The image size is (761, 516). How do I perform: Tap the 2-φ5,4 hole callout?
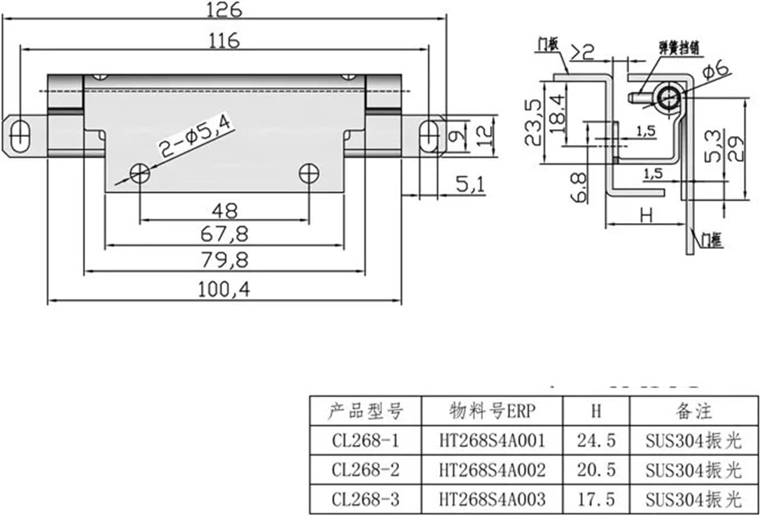tap(196, 137)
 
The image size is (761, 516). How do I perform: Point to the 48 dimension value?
tap(224, 211)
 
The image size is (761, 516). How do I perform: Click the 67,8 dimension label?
tap(224, 234)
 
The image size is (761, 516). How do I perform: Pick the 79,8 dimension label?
tap(224, 260)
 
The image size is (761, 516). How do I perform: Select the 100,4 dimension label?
tap(224, 289)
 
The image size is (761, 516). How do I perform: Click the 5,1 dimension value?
tap(470, 185)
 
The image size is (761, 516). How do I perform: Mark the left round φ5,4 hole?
tap(140, 173)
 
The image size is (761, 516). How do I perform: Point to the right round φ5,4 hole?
tap(308, 173)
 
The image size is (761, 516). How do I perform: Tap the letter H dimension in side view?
tap(646, 216)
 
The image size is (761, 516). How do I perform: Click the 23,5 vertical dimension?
tap(534, 122)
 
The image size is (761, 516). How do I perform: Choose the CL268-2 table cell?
tap(365, 470)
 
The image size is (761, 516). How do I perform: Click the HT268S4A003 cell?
tap(492, 499)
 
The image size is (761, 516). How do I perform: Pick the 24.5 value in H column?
tap(596, 441)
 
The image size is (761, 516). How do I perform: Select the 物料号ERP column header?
tap(492, 411)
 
